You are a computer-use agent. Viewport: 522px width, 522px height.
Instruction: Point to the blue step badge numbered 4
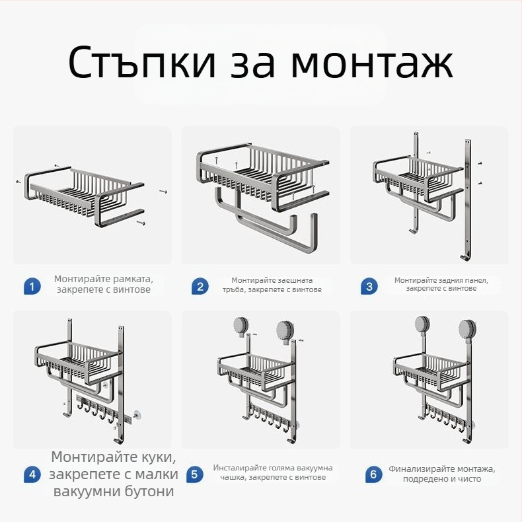tap(31, 474)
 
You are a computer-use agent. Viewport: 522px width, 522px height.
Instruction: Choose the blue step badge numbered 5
tap(194, 474)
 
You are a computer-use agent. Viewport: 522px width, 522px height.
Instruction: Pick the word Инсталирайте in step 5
tap(242, 468)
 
